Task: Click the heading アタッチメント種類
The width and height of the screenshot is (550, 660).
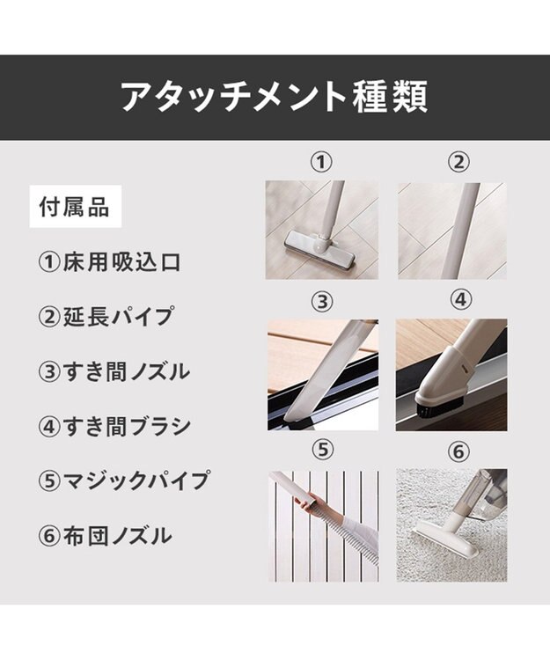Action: [x=275, y=97]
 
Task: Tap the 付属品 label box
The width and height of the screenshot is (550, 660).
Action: [x=76, y=207]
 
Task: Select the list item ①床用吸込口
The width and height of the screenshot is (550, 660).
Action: [x=110, y=262]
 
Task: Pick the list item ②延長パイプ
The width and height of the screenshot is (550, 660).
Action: [x=106, y=317]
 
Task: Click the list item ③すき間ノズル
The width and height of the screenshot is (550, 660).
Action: [x=114, y=371]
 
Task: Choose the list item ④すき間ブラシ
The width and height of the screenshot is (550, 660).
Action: [x=114, y=426]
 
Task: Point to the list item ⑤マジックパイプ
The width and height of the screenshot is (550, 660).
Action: [x=123, y=480]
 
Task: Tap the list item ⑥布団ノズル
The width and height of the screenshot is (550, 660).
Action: [x=106, y=536]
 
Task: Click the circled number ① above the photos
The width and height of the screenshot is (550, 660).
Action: [x=321, y=162]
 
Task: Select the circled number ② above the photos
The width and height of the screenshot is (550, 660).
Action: [x=458, y=162]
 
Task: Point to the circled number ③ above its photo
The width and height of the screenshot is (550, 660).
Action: [x=322, y=301]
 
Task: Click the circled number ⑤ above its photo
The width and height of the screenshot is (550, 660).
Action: [x=323, y=450]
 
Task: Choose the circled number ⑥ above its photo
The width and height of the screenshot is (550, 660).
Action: [x=458, y=452]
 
